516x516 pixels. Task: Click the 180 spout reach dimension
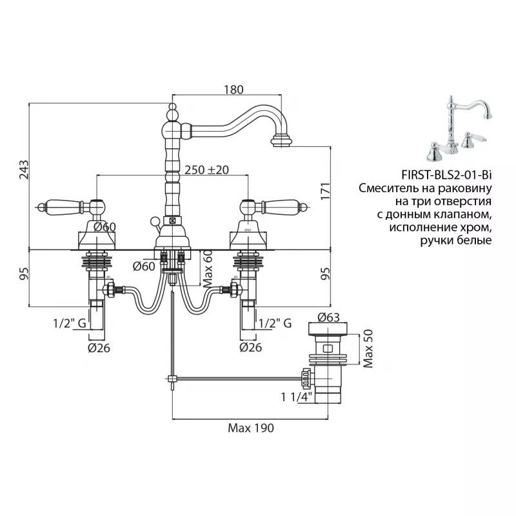[x=233, y=90]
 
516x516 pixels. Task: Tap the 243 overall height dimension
[x=24, y=170]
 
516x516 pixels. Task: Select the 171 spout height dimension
[x=325, y=191]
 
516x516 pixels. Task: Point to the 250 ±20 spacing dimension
[x=206, y=170]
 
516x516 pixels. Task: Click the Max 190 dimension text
[x=251, y=428]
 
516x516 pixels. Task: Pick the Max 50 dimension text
[x=368, y=348]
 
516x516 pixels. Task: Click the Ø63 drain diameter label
[x=328, y=317]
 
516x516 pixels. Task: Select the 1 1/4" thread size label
[x=296, y=397]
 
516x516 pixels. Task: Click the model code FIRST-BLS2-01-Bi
[x=446, y=175]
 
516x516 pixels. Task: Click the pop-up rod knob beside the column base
[x=154, y=221]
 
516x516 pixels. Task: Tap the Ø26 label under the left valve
[x=99, y=348]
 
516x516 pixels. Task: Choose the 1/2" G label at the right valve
[x=275, y=323]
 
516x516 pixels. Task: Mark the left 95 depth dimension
[x=24, y=273]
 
